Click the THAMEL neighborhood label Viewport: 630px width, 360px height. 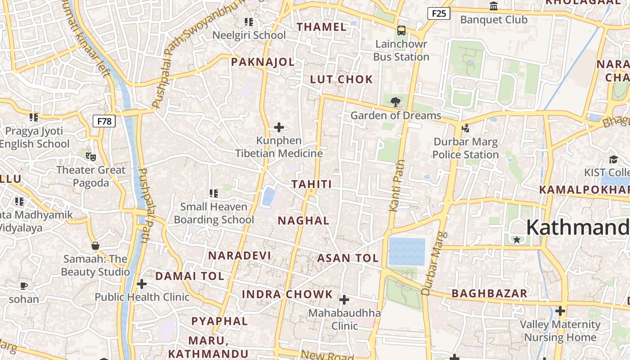322,27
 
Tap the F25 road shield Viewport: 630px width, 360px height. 438,13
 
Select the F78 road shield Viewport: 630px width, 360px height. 104,121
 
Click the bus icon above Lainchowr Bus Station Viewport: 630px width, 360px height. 401,31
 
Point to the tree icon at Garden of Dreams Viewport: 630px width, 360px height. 396,102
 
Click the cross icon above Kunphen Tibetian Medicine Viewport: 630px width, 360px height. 279,127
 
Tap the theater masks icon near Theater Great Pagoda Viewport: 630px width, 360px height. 91,157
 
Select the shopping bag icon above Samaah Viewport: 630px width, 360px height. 95,246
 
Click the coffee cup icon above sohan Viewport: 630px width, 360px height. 24,286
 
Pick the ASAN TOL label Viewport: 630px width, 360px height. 348,258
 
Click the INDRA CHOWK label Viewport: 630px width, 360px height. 288,295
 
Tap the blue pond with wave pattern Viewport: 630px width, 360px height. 407,252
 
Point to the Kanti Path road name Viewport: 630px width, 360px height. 395,185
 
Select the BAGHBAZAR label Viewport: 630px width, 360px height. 489,294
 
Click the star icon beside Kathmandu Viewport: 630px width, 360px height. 517,240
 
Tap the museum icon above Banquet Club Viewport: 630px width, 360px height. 494,6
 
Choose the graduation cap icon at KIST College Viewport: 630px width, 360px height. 613,159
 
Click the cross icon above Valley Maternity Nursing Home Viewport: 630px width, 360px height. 560,311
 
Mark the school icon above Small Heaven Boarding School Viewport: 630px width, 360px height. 214,193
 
